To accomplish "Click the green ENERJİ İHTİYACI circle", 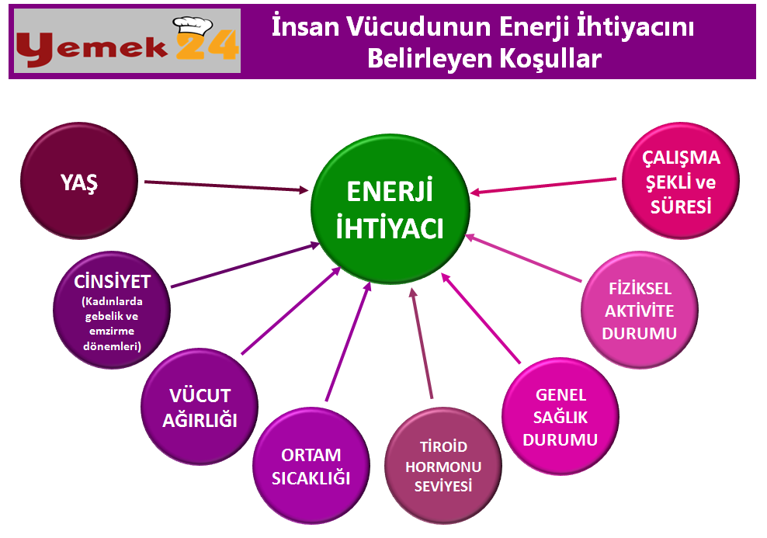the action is tap(390, 210).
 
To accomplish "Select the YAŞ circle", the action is tap(78, 181).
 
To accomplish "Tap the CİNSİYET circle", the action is tap(112, 310).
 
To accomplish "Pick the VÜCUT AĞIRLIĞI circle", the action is tap(200, 407).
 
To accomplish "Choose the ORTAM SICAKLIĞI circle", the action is tap(311, 466).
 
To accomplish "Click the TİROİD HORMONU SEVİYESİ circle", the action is tap(443, 466).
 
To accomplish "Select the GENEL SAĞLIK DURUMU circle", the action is tap(560, 417).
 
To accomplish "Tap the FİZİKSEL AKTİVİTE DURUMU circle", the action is tap(640, 310).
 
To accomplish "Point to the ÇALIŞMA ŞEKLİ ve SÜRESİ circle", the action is tap(680, 181).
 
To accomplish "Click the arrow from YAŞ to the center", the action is tap(227, 186).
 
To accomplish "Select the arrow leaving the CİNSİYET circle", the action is tap(245, 265).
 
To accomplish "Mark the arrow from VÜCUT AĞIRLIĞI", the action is tap(291, 311).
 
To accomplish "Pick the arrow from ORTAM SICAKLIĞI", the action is tap(349, 342).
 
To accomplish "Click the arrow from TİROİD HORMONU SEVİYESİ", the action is tap(422, 343).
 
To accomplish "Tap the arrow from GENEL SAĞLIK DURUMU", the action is tap(481, 318).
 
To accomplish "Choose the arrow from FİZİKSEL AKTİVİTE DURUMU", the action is tap(523, 259).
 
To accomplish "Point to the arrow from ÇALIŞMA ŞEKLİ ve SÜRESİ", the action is tap(543, 186).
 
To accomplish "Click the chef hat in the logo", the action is tap(193, 30).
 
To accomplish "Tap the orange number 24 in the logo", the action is tap(207, 46).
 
